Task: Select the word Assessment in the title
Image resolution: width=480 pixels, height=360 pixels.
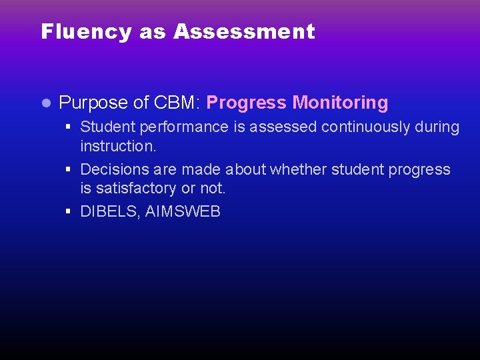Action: click(x=244, y=31)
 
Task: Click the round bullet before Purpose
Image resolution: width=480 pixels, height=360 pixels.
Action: click(x=45, y=103)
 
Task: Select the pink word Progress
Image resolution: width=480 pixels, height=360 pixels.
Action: click(x=247, y=103)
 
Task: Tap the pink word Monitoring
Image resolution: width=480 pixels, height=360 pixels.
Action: click(x=340, y=103)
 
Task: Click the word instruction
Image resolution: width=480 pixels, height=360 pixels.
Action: click(x=117, y=146)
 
